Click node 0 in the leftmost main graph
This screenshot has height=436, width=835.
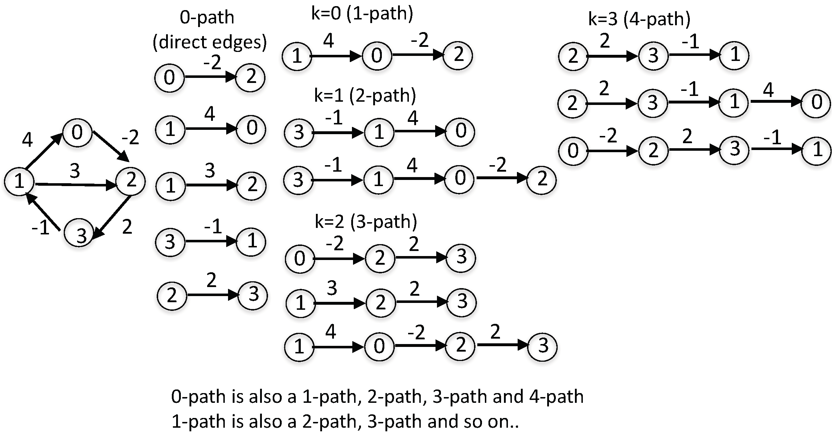77,132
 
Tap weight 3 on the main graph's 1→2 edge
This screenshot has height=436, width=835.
75,171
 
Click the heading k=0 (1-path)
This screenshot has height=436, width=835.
362,13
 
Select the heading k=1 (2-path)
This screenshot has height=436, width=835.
365,96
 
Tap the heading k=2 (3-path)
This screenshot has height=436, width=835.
366,221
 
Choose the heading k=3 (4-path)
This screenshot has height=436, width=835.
639,19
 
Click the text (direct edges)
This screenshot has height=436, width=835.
210,42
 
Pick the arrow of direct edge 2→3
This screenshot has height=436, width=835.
213,295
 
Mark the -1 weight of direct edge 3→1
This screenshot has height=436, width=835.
213,227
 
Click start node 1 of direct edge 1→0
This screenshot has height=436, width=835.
170,129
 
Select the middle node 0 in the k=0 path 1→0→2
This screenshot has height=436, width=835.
377,56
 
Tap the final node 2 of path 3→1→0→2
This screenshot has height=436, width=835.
541,179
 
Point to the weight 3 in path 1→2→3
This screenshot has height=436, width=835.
331,288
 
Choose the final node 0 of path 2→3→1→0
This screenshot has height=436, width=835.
816,103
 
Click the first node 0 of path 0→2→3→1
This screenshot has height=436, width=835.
573,150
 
